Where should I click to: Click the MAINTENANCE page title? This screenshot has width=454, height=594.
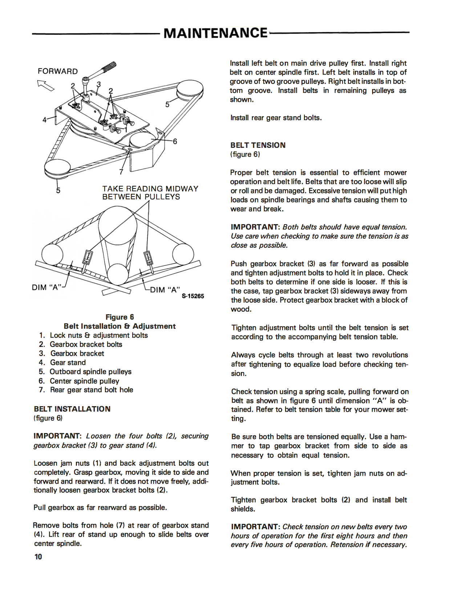(x=215, y=33)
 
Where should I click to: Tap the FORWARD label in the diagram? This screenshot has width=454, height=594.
(x=58, y=71)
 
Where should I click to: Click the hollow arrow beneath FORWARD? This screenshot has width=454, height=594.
(x=46, y=85)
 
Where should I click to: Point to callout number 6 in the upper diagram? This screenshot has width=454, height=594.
(x=175, y=141)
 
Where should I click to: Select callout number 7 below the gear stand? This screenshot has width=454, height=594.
(x=121, y=172)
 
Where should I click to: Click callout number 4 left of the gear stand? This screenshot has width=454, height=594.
(x=44, y=120)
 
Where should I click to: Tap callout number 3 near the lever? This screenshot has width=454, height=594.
(x=98, y=84)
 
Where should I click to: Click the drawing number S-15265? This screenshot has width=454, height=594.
(x=193, y=296)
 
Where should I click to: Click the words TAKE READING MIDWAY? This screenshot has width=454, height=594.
(x=150, y=189)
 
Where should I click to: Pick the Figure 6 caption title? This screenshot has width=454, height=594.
(x=119, y=317)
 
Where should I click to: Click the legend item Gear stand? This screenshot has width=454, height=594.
(x=68, y=362)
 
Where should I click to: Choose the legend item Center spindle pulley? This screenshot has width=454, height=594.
(x=84, y=381)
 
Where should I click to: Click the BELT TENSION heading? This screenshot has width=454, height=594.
(x=258, y=145)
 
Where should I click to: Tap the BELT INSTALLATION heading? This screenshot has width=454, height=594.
(x=72, y=409)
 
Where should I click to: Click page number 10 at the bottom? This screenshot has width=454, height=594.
(x=38, y=557)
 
